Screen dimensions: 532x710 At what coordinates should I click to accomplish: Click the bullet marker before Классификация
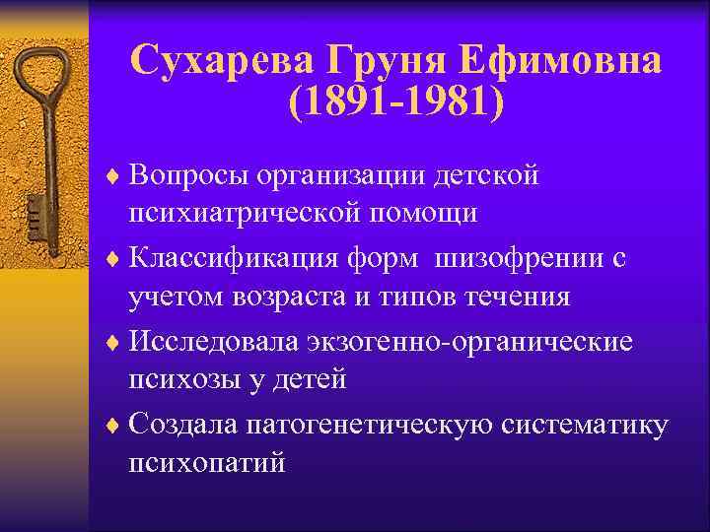coord(113,258)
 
